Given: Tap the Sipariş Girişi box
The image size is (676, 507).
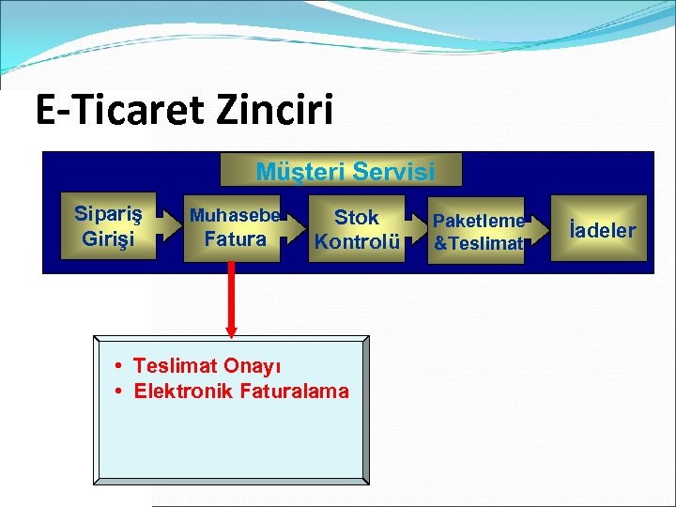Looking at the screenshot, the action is (x=108, y=226).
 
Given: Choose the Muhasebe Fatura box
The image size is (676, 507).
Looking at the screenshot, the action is (x=233, y=228).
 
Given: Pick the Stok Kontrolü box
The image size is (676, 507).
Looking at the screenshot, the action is (x=357, y=229).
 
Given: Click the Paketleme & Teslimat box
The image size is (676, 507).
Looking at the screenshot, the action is (x=478, y=231).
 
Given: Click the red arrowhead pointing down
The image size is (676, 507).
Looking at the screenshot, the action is (x=232, y=329).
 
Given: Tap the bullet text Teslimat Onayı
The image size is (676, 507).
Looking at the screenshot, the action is (x=207, y=365).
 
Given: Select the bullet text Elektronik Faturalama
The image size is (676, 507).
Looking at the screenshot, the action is (x=240, y=391).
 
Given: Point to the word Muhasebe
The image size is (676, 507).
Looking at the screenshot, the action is (x=235, y=216).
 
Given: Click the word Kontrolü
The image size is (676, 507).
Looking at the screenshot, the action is (x=357, y=241).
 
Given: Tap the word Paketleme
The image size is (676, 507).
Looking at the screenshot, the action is (x=479, y=221).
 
